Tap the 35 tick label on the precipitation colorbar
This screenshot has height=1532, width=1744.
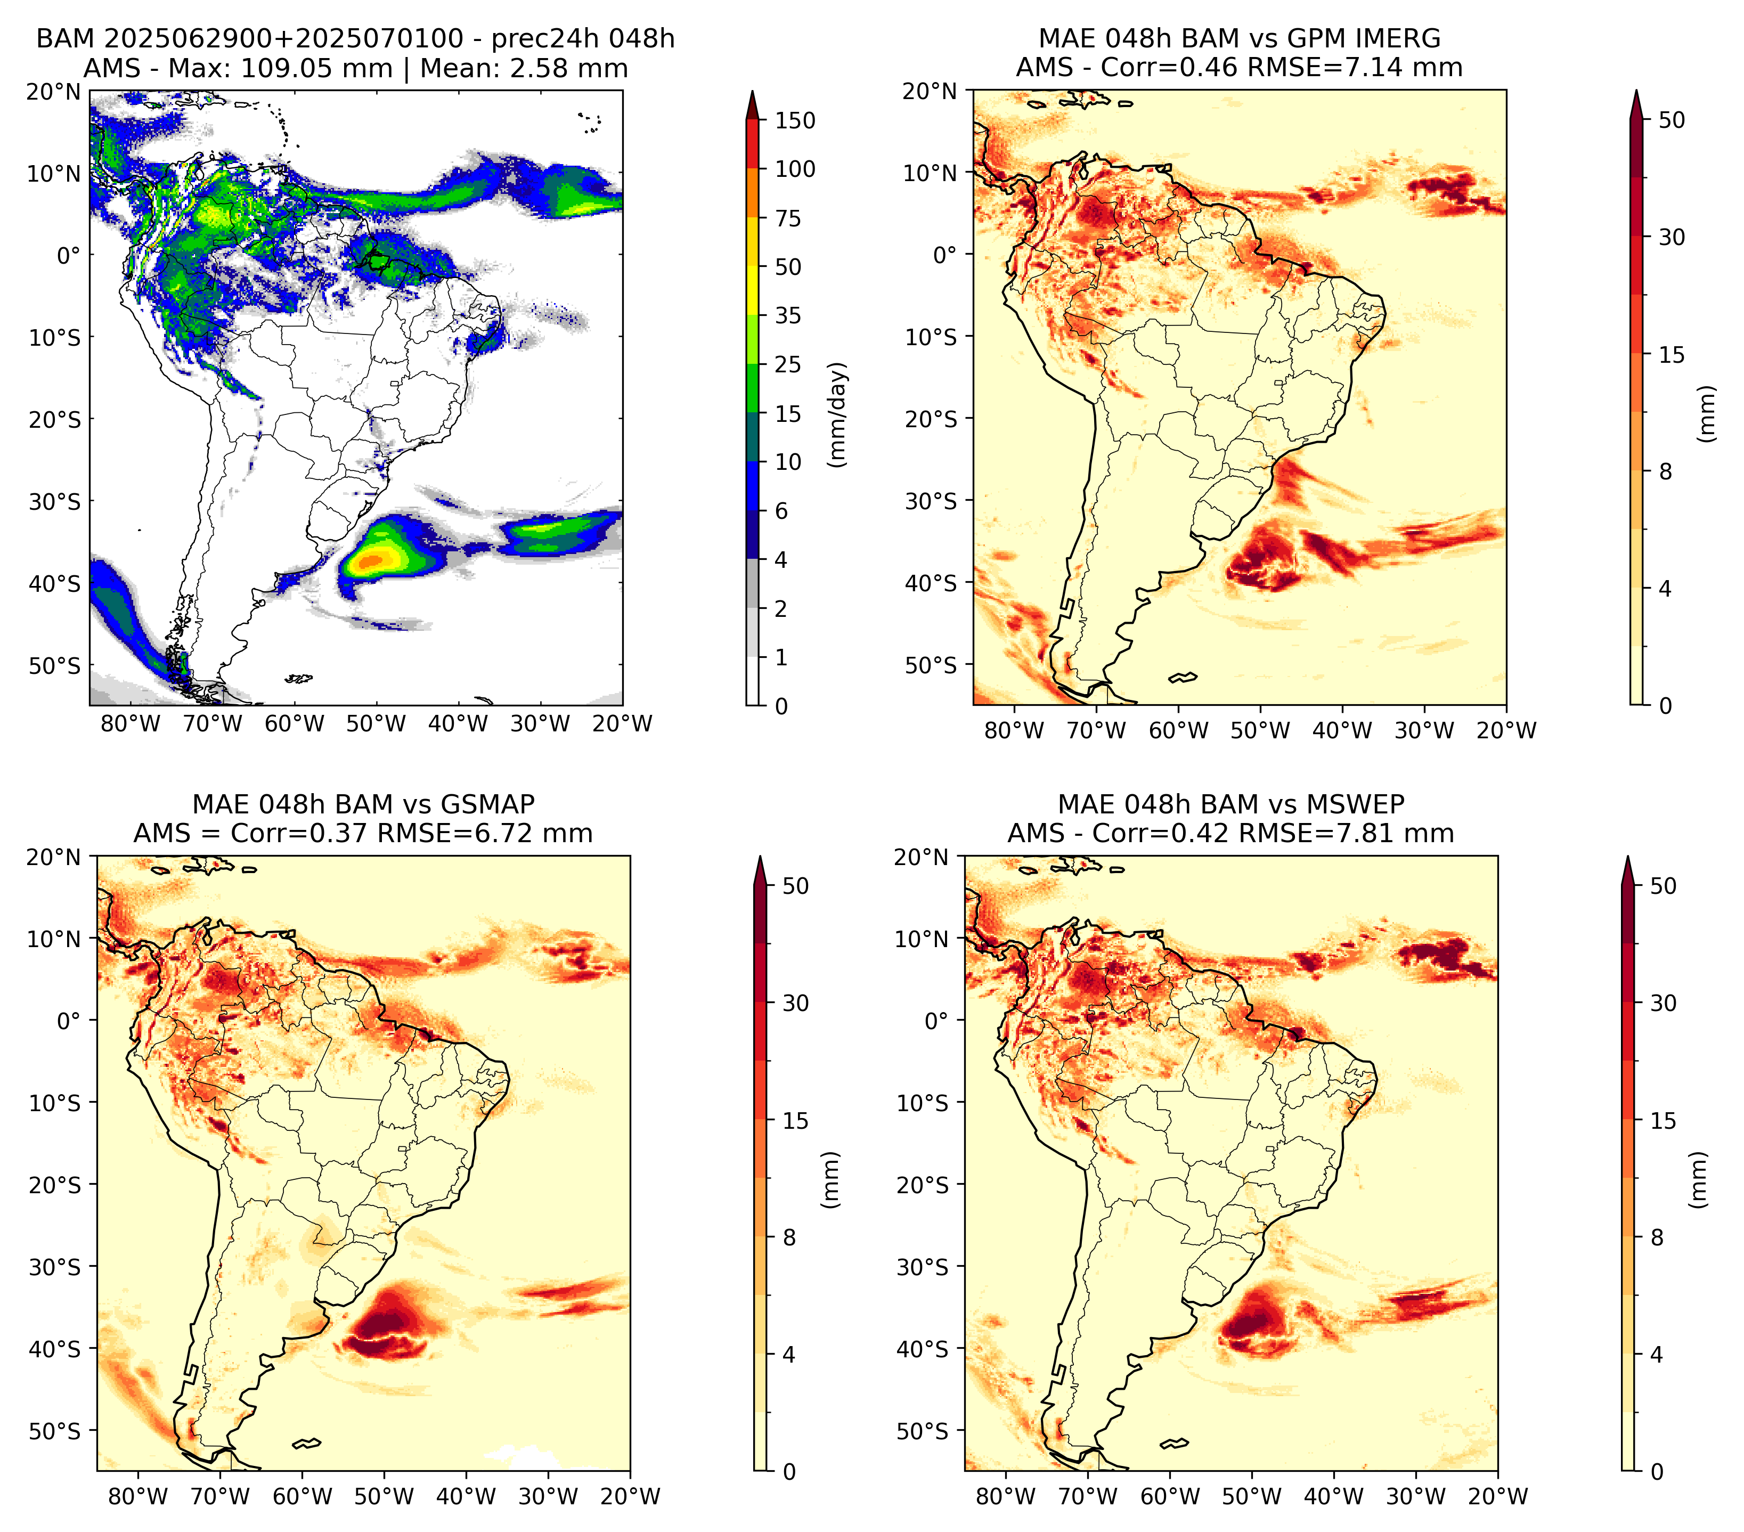tap(787, 315)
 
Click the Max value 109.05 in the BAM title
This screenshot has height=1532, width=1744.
tap(316, 68)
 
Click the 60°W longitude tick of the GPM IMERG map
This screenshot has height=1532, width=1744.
tap(1178, 730)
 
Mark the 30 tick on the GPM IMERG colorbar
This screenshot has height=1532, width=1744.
tap(1672, 237)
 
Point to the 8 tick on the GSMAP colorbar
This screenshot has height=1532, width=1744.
tap(788, 1238)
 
